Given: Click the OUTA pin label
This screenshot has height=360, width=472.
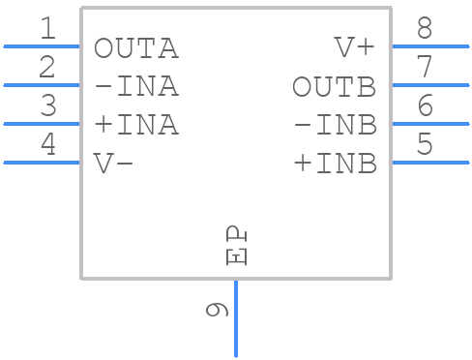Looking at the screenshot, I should pyautogui.click(x=136, y=48).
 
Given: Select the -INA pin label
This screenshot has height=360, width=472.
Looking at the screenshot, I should pyautogui.click(x=136, y=87).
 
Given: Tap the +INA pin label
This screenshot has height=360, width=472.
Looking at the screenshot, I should pyautogui.click(x=136, y=126).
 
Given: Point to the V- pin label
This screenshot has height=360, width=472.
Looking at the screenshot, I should pyautogui.click(x=114, y=164).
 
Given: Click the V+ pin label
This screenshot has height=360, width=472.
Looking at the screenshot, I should pyautogui.click(x=355, y=48).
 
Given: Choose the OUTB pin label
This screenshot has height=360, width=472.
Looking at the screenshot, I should pyautogui.click(x=334, y=87).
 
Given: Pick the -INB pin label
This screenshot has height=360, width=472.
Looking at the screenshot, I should pyautogui.click(x=334, y=126).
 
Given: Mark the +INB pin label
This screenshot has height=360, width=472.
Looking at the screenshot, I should pyautogui.click(x=334, y=164).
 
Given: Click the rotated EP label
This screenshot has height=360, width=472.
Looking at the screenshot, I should pyautogui.click(x=236, y=247).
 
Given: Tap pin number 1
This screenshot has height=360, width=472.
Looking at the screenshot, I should pyautogui.click(x=47, y=29).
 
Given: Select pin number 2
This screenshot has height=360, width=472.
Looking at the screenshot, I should pyautogui.click(x=47, y=68).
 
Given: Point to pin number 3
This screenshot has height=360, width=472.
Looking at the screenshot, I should pyautogui.click(x=47, y=106).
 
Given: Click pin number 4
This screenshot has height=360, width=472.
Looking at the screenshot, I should pyautogui.click(x=47, y=145).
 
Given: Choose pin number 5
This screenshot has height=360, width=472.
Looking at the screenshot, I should pyautogui.click(x=425, y=145).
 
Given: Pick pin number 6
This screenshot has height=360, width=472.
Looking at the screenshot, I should pyautogui.click(x=425, y=106).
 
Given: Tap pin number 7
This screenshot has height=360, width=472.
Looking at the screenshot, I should pyautogui.click(x=425, y=68).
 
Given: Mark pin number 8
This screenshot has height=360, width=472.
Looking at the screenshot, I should pyautogui.click(x=425, y=29).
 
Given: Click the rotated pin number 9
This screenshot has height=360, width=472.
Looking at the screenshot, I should pyautogui.click(x=217, y=310).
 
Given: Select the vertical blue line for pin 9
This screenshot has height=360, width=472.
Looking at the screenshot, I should pyautogui.click(x=236, y=319).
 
